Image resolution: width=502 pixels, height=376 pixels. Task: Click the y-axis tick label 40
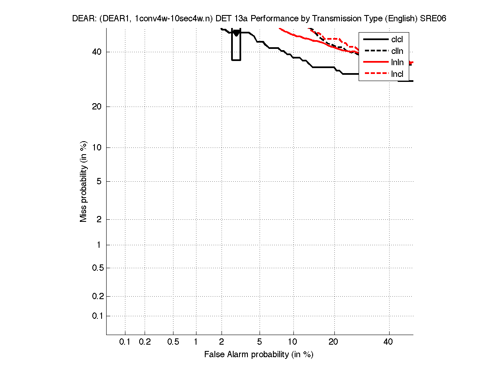coord(97,52)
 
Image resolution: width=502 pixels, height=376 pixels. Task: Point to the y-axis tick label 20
coord(97,107)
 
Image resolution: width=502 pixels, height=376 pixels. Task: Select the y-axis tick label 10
coord(97,147)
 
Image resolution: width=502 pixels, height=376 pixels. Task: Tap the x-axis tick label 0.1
coord(125,342)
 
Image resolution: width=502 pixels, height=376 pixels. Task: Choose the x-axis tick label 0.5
coord(173,342)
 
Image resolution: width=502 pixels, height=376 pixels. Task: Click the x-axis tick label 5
coord(260,342)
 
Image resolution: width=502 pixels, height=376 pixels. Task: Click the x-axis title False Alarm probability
coord(259,355)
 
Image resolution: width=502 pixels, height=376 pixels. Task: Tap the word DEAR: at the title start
coord(84,19)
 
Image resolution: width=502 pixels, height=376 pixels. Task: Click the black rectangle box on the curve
coord(236,45)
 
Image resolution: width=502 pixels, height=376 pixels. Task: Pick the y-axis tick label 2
coord(99,219)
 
